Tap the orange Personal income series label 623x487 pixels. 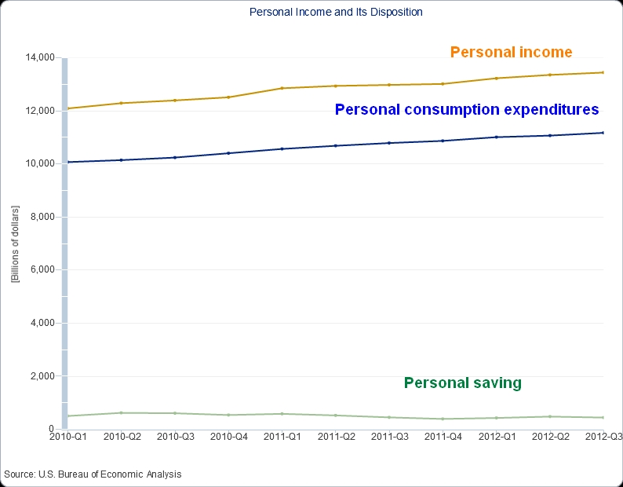click(511, 53)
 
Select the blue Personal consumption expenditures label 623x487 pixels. click(467, 110)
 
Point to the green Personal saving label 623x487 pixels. click(462, 383)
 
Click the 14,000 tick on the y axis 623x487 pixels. click(38, 57)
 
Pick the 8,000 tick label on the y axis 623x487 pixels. click(41, 217)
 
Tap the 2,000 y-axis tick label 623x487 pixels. click(41, 376)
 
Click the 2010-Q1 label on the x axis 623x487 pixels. click(67, 436)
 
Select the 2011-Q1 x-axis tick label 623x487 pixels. click(282, 436)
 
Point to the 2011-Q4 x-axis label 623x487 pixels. click(443, 436)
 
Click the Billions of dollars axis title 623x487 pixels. click(15, 243)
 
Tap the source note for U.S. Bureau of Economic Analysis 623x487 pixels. click(93, 474)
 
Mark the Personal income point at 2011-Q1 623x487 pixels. click(282, 88)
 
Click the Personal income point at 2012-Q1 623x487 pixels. click(497, 79)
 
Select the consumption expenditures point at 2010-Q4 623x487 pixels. click(228, 153)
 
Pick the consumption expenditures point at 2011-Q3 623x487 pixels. click(389, 143)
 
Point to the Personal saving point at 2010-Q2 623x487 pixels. click(121, 412)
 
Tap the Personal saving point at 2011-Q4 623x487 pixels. click(443, 419)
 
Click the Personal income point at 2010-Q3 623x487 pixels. click(174, 101)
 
